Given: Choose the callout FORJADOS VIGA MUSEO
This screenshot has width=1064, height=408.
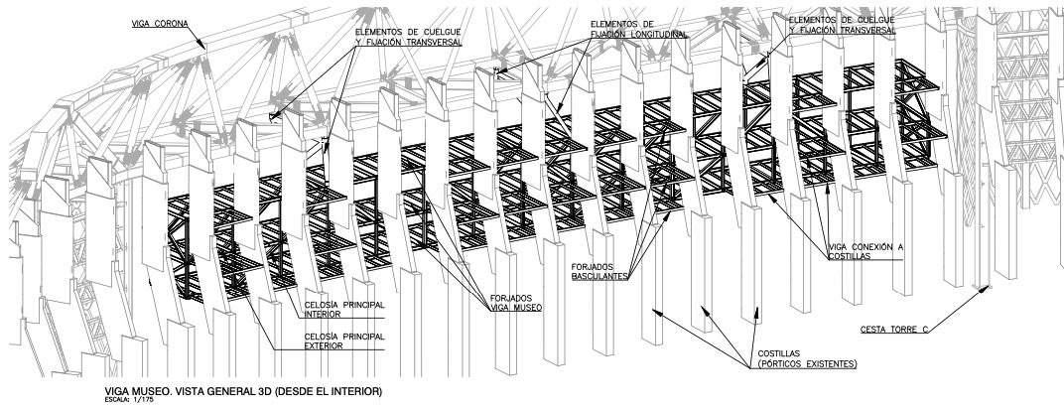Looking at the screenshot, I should coord(516,304).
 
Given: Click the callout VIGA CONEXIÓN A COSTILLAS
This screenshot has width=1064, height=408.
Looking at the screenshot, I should coord(865,250).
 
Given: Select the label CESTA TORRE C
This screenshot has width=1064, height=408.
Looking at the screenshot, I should coord(893,330).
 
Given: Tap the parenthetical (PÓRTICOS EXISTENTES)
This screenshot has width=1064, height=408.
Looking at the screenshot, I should coord(807,364).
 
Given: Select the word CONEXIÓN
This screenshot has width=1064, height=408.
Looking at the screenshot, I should coord(871,245).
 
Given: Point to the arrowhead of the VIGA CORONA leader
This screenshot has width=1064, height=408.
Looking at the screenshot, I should coord(206,49).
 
